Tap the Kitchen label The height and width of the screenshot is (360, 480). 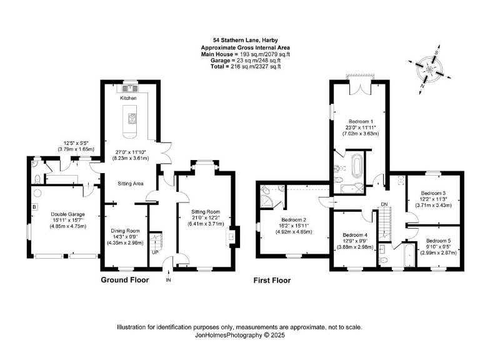[128, 98]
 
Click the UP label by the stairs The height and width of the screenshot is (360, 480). [154, 253]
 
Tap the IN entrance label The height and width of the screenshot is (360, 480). [168, 281]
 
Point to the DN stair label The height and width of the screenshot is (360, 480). [384, 204]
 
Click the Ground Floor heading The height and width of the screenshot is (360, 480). [125, 281]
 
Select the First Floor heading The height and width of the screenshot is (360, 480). [272, 281]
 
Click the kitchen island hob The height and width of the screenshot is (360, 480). [131, 117]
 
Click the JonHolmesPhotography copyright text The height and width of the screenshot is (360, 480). [240, 335]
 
